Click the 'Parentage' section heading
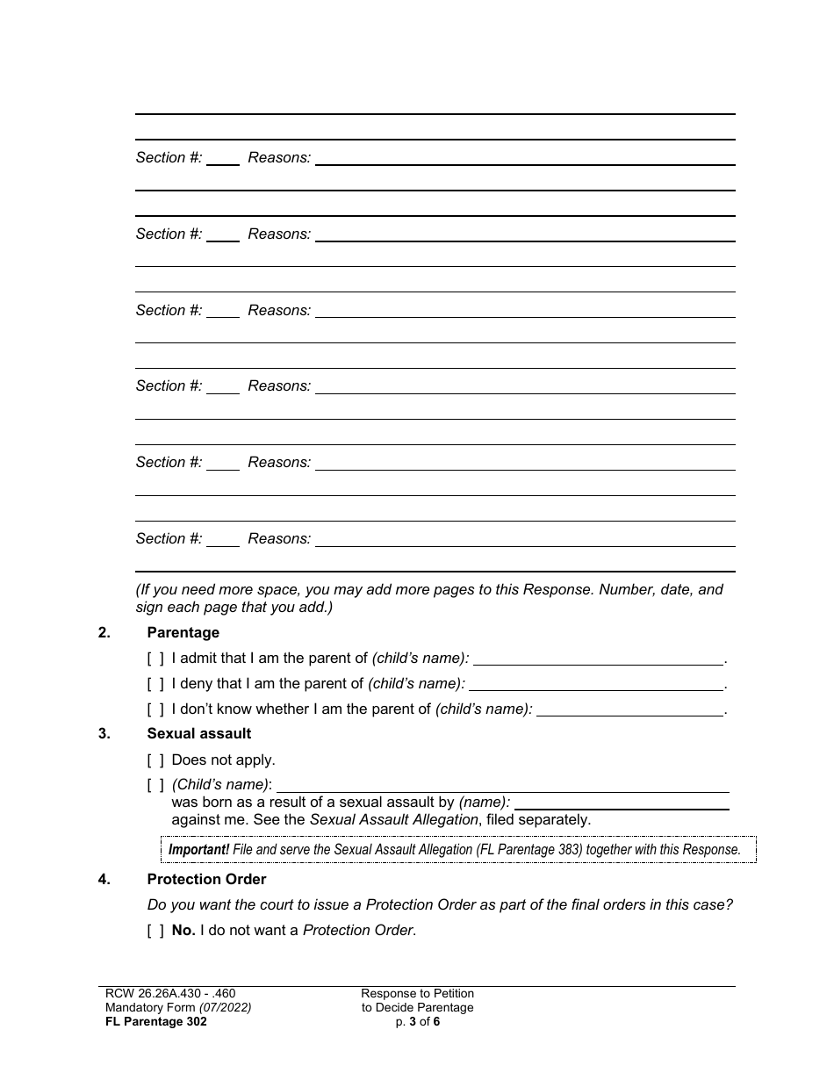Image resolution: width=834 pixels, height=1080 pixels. click(183, 632)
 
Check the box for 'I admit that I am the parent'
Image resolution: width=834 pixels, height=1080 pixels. click(155, 659)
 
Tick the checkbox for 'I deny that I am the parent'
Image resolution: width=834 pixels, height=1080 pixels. click(155, 684)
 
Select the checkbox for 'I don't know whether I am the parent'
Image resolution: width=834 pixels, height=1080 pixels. click(155, 709)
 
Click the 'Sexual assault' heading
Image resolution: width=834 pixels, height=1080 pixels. click(198, 733)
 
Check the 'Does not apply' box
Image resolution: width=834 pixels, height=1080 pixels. click(155, 760)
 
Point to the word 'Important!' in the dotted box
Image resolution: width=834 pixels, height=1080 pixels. click(198, 850)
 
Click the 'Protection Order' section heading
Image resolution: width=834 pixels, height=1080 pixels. click(206, 879)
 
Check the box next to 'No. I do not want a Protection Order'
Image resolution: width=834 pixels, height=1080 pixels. click(155, 931)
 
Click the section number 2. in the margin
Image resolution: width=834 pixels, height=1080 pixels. click(104, 632)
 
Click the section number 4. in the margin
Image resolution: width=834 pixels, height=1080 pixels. click(104, 879)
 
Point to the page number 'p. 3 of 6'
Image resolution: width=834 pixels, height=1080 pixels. click(417, 1022)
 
